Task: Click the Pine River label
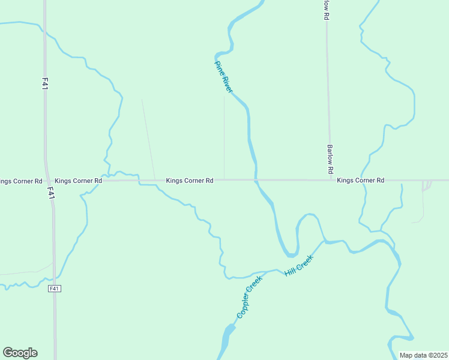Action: point(223,76)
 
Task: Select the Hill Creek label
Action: point(299,265)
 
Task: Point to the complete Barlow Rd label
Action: point(330,160)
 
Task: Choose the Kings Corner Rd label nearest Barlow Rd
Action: point(360,180)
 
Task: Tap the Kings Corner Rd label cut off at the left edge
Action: point(21,181)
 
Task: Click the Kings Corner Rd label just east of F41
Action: point(78,180)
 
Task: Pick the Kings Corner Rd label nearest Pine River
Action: point(190,180)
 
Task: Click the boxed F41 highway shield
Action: point(54,289)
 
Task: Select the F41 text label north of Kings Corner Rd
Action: point(45,83)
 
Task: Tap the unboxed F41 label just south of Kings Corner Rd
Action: point(52,193)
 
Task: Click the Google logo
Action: point(20,353)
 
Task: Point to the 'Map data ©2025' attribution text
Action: point(424,355)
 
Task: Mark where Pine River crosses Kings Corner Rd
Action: point(256,179)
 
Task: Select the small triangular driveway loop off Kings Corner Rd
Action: point(426,185)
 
